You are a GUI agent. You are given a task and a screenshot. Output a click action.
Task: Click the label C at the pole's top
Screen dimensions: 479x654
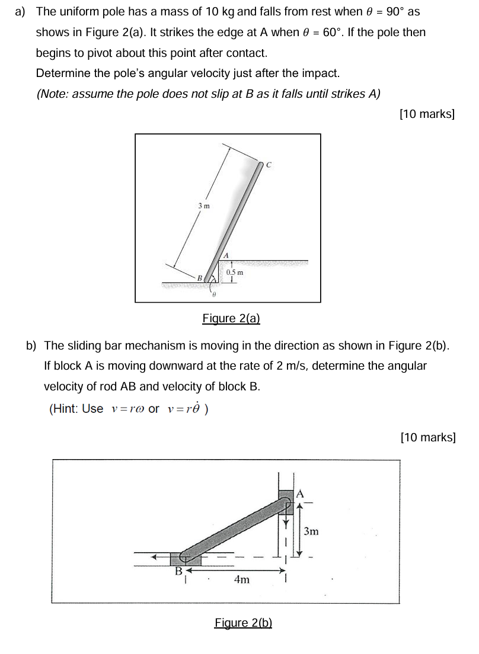coord(269,165)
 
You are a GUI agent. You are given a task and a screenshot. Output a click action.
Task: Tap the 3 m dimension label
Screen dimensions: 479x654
coord(204,206)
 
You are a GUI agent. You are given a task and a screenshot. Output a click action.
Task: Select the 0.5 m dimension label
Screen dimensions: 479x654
coord(235,272)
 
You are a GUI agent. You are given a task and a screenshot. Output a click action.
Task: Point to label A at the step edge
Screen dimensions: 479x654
coord(226,255)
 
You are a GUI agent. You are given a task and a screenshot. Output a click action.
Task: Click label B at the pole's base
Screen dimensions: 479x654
coord(200,277)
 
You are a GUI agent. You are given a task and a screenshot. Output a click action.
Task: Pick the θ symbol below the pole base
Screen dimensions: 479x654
coord(213,294)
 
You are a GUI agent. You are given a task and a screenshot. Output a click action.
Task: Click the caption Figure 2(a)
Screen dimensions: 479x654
coord(231,318)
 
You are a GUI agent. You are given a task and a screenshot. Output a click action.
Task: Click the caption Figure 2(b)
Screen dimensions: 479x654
coord(243,623)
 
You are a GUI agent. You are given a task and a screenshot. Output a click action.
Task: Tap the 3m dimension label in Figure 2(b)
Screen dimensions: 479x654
coord(311,531)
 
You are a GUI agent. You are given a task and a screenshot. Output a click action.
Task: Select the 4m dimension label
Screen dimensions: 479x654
coord(242,579)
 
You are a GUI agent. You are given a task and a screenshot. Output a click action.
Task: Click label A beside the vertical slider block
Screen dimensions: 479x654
coord(299,494)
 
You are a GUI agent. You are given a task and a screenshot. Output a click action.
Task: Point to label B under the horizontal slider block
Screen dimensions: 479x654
coord(178,571)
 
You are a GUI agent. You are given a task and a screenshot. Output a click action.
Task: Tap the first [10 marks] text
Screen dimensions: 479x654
coord(427,114)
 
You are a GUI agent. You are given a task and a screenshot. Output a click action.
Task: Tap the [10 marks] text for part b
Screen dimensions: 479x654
coord(428,437)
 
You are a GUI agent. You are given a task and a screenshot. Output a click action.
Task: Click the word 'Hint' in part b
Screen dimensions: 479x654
coord(64,409)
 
